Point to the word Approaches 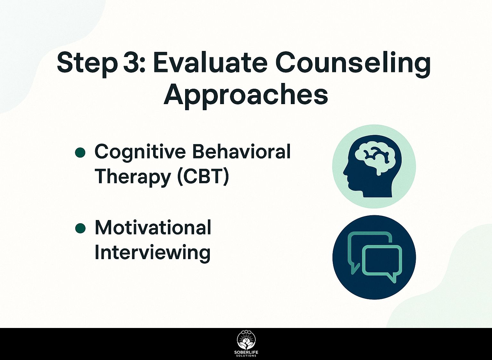(246, 96)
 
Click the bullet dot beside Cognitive (80, 152)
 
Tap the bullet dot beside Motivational (80, 228)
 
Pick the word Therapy (132, 177)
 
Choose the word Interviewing (152, 253)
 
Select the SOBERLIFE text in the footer (246, 353)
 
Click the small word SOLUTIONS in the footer (246, 356)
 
